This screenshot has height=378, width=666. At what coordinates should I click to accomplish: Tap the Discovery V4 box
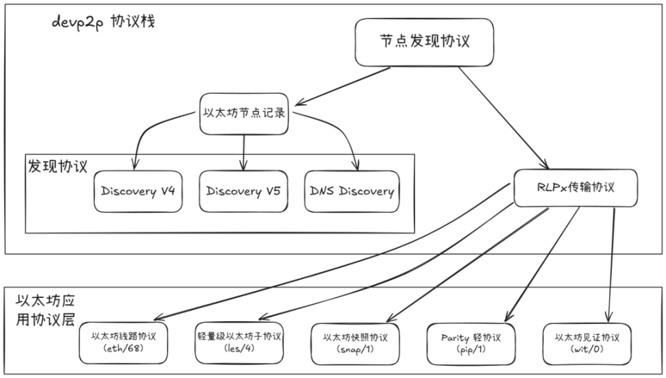[x=137, y=191]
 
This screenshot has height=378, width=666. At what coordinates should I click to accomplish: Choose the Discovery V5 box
[x=243, y=191]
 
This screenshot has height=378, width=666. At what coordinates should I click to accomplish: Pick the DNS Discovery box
[x=351, y=191]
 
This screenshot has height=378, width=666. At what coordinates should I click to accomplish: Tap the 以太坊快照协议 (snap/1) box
[x=355, y=342]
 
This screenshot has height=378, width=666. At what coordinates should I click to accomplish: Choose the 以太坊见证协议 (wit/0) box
[x=587, y=342]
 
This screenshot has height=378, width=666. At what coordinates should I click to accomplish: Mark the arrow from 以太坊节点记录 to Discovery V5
[x=243, y=147]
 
